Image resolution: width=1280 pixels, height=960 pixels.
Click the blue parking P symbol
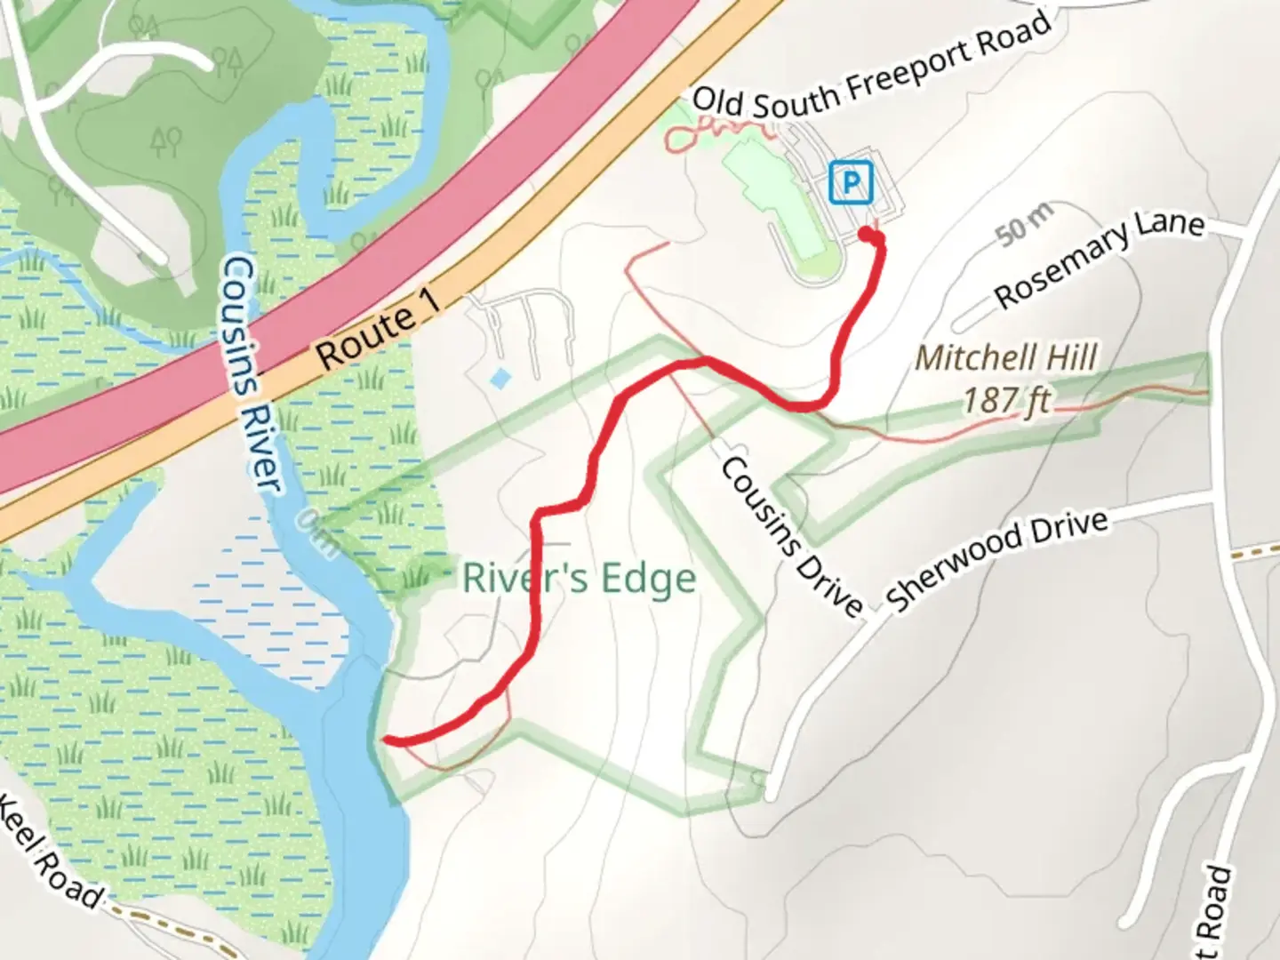[852, 183]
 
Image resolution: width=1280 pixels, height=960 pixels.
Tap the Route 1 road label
[379, 331]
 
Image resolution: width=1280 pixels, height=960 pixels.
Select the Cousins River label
[252, 373]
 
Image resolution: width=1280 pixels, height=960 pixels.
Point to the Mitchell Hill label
[1006, 357]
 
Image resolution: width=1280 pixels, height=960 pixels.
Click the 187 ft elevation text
[1006, 401]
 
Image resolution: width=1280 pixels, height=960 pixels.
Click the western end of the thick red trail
[388, 739]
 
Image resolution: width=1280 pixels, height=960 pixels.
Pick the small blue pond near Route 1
[500, 380]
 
